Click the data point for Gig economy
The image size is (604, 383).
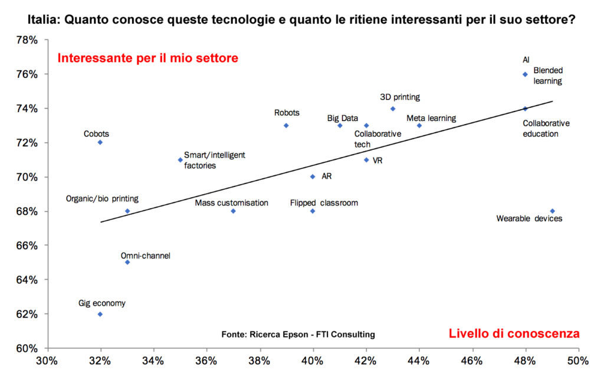(x=100, y=314)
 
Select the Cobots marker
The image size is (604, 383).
(x=100, y=142)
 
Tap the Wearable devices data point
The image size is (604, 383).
(x=552, y=211)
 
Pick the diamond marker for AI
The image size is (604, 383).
(x=525, y=74)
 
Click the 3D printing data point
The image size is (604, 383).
(x=393, y=109)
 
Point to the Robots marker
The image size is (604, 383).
(x=286, y=125)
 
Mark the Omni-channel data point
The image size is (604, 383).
(x=127, y=262)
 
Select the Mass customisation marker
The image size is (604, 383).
(x=233, y=211)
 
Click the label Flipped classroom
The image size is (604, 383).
(x=324, y=203)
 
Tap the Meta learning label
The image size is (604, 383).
(x=431, y=118)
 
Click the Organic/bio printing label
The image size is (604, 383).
(x=102, y=199)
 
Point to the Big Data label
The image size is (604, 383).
(x=343, y=118)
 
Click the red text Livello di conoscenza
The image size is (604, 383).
(x=514, y=333)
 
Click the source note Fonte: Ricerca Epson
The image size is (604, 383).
(x=298, y=335)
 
